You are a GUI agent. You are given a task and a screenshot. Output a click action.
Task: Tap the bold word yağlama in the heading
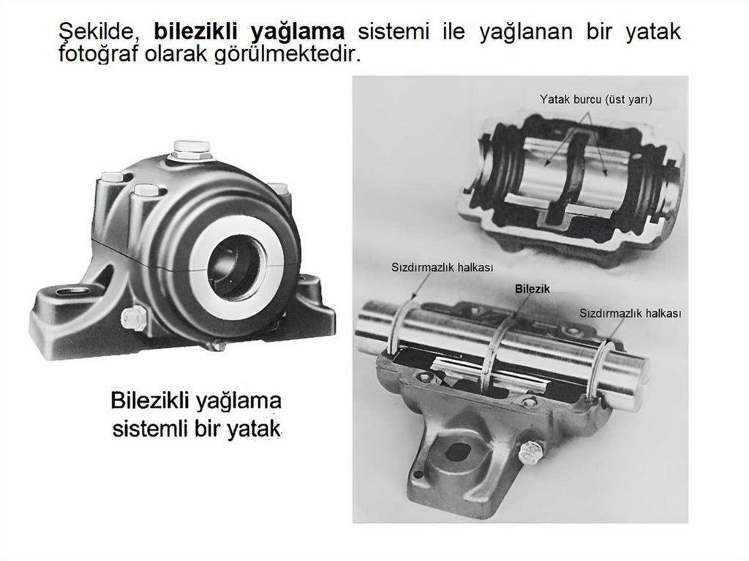(x=297, y=32)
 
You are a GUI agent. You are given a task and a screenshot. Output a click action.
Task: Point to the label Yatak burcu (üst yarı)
(x=595, y=99)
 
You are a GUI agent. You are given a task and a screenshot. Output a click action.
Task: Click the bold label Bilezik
(x=532, y=289)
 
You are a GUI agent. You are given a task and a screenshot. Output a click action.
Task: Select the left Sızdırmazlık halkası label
(x=434, y=268)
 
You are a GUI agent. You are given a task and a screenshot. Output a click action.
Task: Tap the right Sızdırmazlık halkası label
(x=630, y=313)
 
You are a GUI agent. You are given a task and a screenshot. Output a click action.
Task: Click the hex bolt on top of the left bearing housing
(x=191, y=149)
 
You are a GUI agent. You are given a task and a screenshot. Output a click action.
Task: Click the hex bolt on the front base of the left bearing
(x=134, y=318)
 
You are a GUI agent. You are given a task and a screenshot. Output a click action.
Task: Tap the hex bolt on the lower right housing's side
(x=530, y=453)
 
